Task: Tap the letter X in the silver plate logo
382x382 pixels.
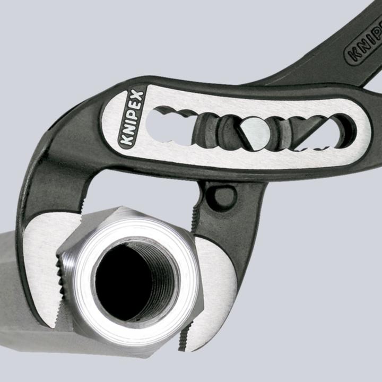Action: pyautogui.click(x=137, y=97)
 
